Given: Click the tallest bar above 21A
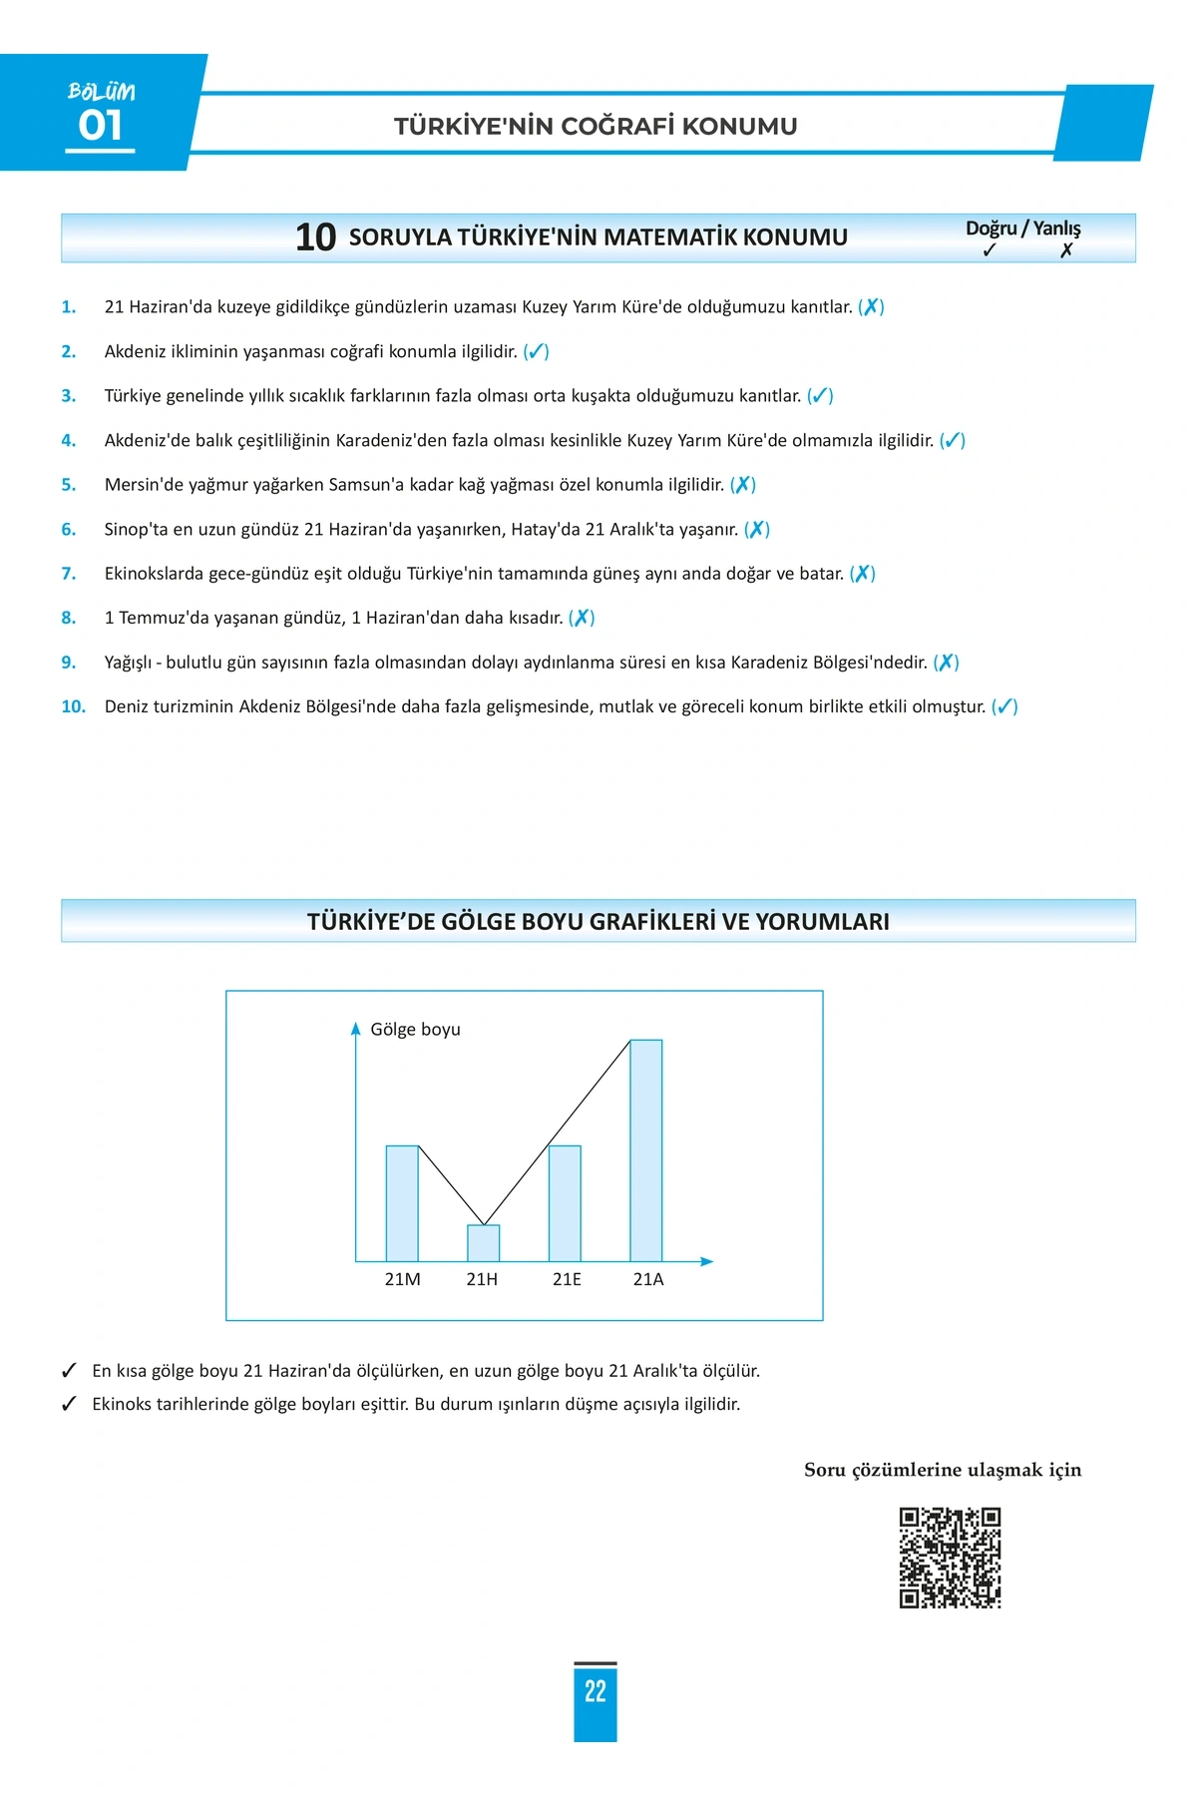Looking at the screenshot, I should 645,1150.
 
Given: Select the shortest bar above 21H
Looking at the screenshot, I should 484,1243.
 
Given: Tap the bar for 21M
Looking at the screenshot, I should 402,1203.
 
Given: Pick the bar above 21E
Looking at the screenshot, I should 565,1203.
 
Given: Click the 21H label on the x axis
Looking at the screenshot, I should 482,1279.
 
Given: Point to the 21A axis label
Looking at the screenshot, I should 648,1279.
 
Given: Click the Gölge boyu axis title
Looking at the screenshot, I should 415,1029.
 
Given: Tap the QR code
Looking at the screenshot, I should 950,1558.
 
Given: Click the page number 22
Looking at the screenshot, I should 596,1690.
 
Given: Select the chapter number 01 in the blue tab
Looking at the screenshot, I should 101,126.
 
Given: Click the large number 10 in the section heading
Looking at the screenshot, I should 315,237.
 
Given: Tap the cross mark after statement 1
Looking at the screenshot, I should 871,307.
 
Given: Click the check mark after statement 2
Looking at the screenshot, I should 536,351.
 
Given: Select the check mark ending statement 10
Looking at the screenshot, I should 1004,706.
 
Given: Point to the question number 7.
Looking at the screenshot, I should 68,574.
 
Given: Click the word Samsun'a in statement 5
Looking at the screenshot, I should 364,485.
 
